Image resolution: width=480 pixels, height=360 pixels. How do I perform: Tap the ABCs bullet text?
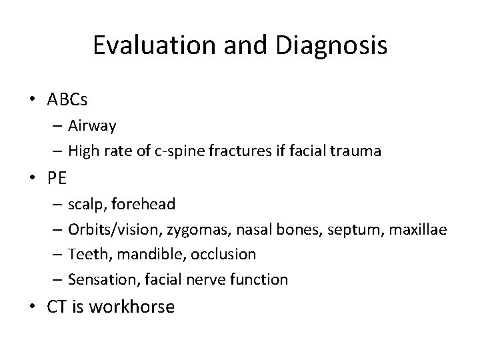(67, 100)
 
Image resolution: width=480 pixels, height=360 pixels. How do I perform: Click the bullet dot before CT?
(32, 307)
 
